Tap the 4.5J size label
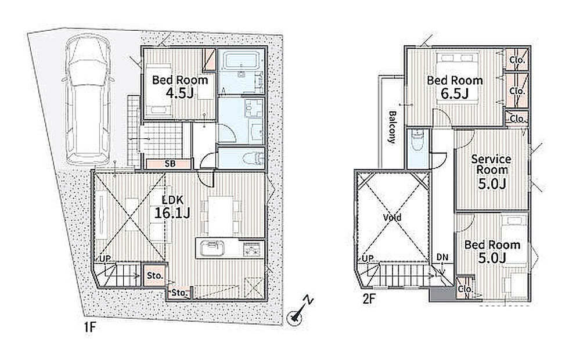tap(179, 93)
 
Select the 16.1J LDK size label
tap(172, 213)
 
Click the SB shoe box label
tap(170, 164)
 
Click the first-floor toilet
tap(253, 159)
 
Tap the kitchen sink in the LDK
tap(210, 249)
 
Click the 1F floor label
tap(89, 327)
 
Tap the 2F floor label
tap(369, 298)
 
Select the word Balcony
tap(392, 127)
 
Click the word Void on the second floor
tap(392, 217)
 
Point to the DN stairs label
tap(442, 257)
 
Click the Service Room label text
tap(491, 164)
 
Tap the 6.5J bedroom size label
tap(455, 93)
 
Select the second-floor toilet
tap(417, 140)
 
